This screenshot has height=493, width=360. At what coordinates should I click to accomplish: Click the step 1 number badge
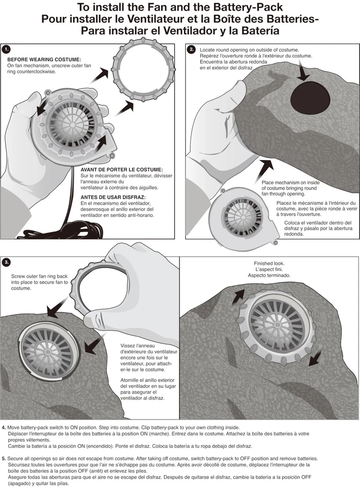tap(7, 49)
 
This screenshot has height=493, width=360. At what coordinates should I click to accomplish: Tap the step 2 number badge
tap(192, 49)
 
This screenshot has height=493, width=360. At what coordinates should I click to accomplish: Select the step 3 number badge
tap(7, 262)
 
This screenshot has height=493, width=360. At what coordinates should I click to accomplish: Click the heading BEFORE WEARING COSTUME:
tap(44, 60)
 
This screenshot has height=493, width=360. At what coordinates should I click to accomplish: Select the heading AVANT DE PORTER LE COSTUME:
tap(122, 170)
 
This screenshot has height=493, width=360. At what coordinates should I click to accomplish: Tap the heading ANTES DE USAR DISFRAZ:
tap(113, 197)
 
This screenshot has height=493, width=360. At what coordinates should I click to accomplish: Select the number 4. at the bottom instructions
tap(4, 428)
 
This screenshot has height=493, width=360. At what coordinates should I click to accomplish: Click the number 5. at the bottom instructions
tap(4, 459)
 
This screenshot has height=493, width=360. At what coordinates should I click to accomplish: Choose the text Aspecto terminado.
tap(269, 275)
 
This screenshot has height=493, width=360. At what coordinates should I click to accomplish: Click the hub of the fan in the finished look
tap(278, 324)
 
